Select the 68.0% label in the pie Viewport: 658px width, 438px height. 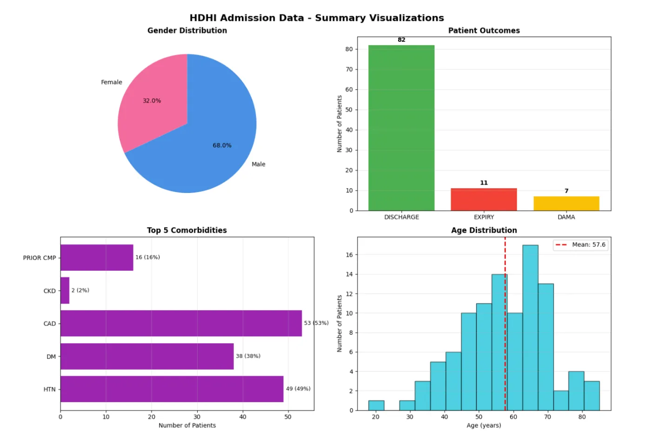222,146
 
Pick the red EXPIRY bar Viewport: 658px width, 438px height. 484,199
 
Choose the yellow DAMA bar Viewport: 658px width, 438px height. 566,204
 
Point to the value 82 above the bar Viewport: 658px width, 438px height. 401,40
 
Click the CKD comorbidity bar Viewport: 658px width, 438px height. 65,291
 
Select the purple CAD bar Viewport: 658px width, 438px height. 181,323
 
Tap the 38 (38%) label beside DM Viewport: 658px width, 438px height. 248,356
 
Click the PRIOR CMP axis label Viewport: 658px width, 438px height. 40,258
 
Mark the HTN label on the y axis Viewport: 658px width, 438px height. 49,390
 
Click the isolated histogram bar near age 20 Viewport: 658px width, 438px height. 376,405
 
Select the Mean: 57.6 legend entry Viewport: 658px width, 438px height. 581,245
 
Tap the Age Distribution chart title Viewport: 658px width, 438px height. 484,230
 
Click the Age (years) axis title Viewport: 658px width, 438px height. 484,425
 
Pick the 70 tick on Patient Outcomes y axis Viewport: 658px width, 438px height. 349,69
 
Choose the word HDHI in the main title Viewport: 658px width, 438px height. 203,18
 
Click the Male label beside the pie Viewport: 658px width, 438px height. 259,164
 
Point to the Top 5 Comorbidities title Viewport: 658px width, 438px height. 187,230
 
